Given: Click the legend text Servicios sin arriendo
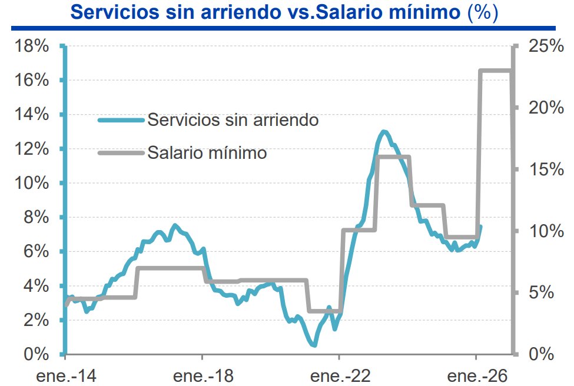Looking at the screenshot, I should click(x=233, y=119).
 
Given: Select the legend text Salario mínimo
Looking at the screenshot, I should click(x=207, y=153).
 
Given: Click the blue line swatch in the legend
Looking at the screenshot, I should click(x=121, y=120).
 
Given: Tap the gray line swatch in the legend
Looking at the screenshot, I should click(x=121, y=153).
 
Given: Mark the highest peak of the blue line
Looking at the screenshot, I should click(x=384, y=131).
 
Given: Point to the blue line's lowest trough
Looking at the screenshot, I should click(x=314, y=345).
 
